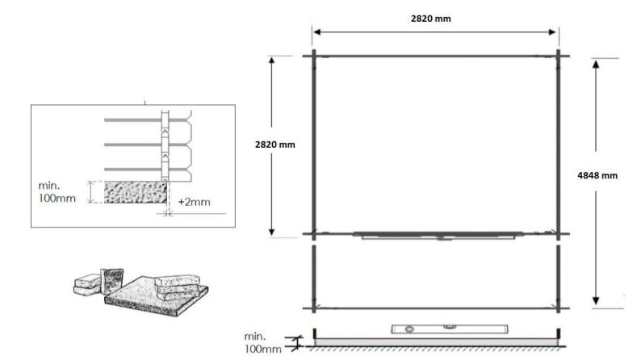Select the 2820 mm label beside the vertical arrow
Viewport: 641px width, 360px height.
pos(275,144)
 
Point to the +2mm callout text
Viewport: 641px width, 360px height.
pos(193,202)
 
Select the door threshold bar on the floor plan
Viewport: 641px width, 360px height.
pos(436,236)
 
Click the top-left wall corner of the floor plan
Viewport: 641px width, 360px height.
pos(314,56)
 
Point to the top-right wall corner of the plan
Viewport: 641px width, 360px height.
pos(559,56)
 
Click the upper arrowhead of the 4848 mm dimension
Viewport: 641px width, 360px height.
pos(596,64)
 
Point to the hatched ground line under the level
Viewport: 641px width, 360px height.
pos(436,349)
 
